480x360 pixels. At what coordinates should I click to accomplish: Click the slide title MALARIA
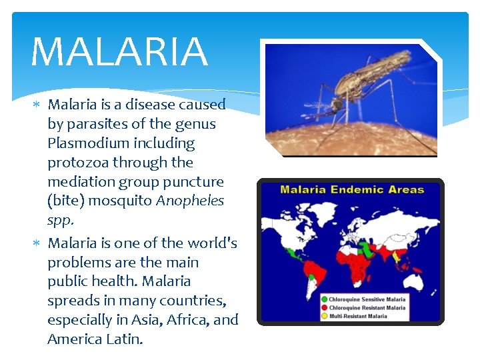click(x=119, y=52)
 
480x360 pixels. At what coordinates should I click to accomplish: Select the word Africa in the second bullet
click(x=186, y=320)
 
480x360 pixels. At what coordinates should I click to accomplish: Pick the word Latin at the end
click(x=124, y=339)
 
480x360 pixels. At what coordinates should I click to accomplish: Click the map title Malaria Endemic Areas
click(x=351, y=190)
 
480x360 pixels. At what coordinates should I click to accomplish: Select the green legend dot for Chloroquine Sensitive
click(x=324, y=299)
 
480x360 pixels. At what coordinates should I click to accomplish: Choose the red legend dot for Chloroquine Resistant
click(x=324, y=307)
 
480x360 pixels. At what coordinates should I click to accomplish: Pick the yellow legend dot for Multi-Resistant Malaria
click(x=324, y=316)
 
